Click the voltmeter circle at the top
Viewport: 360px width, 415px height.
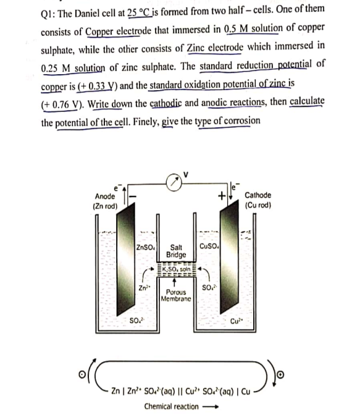pyautogui.click(x=177, y=184)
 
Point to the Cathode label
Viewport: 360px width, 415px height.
pyautogui.click(x=258, y=195)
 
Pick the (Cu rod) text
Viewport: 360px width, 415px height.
pyautogui.click(x=258, y=204)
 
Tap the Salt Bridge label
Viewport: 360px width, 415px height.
pyautogui.click(x=177, y=251)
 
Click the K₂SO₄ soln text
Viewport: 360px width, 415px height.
pyautogui.click(x=177, y=270)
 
